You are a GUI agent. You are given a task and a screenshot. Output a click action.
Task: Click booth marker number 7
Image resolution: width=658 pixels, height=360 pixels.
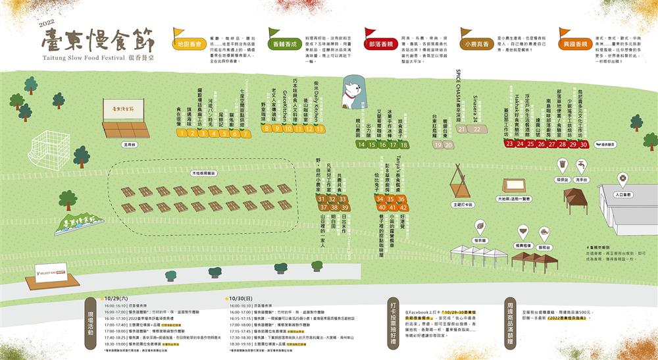tap(245, 134)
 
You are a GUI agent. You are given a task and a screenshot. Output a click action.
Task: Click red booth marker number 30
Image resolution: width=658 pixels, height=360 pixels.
tap(583, 144)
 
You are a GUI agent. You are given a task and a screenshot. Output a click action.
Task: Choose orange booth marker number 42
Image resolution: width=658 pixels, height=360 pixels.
tap(404, 207)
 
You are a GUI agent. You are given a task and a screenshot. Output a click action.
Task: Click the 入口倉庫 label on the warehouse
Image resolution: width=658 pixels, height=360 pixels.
tap(622, 195)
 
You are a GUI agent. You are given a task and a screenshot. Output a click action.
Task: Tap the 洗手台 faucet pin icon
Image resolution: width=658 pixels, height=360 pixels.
tap(582, 164)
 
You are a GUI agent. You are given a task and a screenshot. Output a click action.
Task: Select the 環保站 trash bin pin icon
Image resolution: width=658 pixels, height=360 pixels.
tap(562, 164)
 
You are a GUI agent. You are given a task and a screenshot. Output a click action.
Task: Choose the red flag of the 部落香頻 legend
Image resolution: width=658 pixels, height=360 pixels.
tap(370, 33)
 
